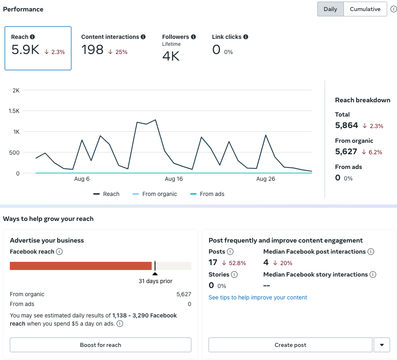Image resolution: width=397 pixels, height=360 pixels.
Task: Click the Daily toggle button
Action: (330, 9)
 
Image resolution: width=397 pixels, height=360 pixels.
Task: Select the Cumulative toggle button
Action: (365, 9)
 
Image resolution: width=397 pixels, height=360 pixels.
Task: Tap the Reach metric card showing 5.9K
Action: (38, 48)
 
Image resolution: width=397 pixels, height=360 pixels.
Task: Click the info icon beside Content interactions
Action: (143, 37)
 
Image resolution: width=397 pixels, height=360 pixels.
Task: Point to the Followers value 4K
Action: (171, 56)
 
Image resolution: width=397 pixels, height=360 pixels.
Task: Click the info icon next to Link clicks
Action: (246, 37)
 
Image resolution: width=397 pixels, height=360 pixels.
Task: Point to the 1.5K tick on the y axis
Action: (14, 111)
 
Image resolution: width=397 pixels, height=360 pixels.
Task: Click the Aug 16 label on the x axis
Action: (174, 179)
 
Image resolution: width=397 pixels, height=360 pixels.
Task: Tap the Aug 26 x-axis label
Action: (266, 179)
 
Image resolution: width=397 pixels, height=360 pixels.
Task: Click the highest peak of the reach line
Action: (155, 120)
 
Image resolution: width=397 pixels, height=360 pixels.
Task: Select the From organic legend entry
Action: (155, 194)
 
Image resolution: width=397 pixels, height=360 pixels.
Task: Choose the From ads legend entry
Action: (207, 194)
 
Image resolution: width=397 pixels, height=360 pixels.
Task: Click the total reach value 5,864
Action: (347, 126)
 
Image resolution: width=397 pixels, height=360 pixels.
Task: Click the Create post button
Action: (290, 345)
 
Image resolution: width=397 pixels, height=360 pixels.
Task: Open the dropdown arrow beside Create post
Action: (382, 345)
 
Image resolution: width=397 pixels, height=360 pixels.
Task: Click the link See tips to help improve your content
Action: (258, 297)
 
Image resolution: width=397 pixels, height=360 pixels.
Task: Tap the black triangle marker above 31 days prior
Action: (155, 274)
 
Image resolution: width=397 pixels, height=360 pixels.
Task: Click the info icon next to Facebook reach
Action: (59, 252)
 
